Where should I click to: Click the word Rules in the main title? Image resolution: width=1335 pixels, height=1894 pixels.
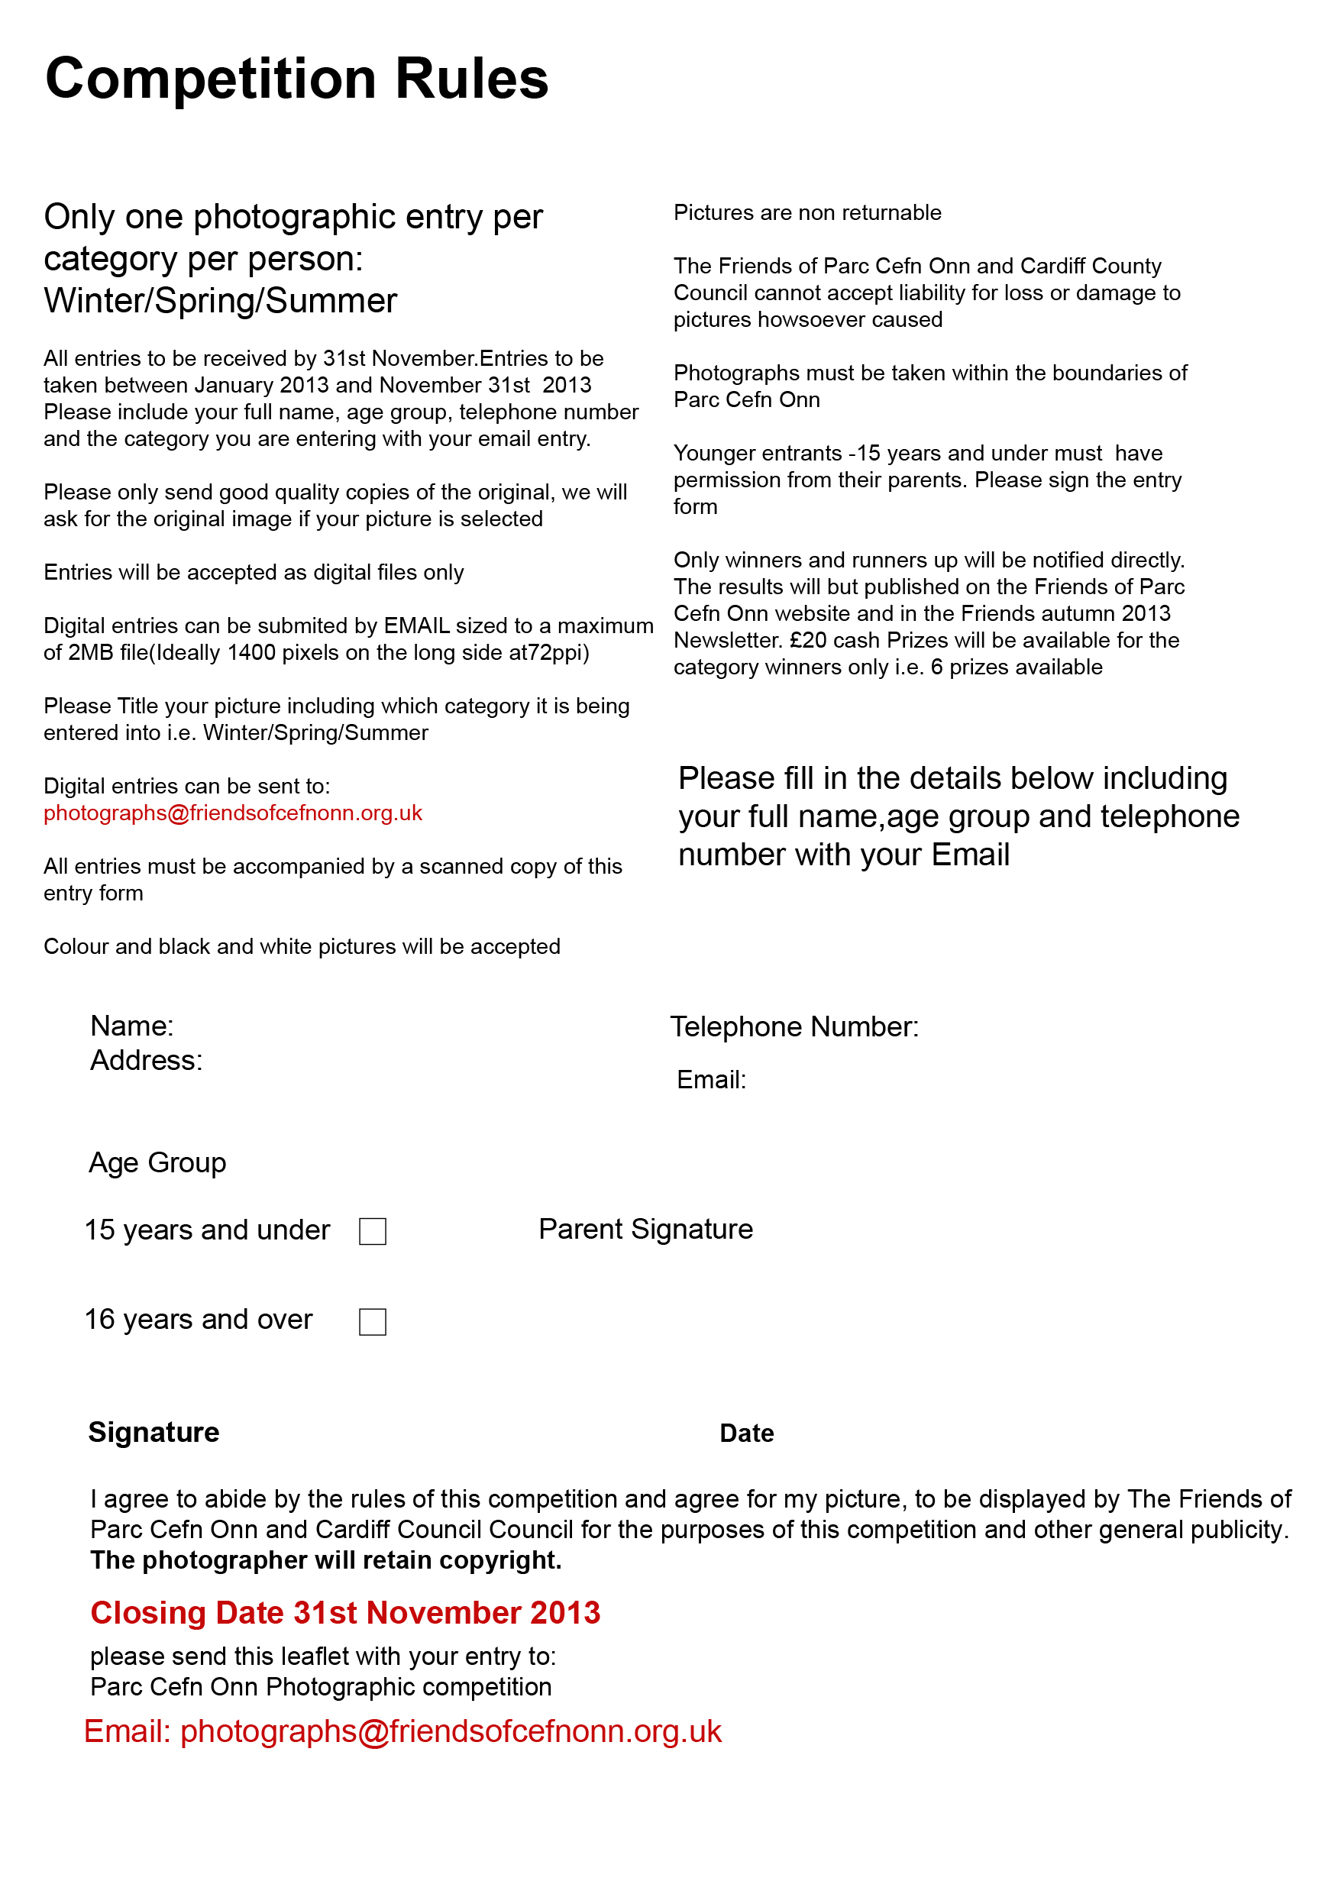click(x=471, y=80)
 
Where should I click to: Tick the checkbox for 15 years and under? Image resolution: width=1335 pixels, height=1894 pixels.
click(x=373, y=1232)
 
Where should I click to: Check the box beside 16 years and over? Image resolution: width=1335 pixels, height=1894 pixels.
click(x=373, y=1321)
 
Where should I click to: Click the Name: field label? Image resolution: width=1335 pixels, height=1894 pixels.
click(x=132, y=1026)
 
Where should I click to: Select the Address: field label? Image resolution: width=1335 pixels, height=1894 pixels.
click(x=146, y=1061)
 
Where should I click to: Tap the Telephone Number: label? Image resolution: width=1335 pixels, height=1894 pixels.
click(x=794, y=1027)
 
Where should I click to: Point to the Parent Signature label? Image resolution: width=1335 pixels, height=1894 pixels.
click(x=645, y=1229)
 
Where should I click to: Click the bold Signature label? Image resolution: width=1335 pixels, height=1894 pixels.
click(x=154, y=1432)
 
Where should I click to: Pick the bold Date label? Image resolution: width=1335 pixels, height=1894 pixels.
click(x=747, y=1433)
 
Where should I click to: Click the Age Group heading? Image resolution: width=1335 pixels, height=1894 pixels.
click(x=157, y=1162)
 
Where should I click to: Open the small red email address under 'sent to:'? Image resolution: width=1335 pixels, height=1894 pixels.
click(x=233, y=813)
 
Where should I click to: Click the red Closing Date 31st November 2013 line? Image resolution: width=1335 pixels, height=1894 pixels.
click(x=345, y=1613)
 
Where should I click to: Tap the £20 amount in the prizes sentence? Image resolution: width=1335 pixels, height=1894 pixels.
click(x=808, y=640)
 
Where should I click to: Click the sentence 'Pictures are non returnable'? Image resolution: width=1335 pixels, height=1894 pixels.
click(x=807, y=213)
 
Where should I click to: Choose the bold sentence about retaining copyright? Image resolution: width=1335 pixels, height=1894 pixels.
click(x=326, y=1560)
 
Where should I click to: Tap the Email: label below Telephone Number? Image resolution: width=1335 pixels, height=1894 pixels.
click(x=711, y=1080)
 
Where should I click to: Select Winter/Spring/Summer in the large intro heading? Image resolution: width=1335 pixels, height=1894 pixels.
click(x=220, y=301)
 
